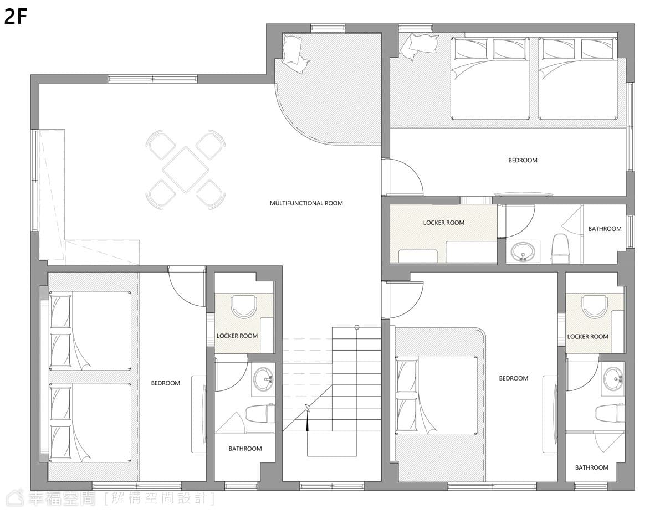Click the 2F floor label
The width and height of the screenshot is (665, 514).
point(16,17)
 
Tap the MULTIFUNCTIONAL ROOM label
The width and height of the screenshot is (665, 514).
point(306,203)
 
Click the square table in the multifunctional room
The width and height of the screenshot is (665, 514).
point(186,169)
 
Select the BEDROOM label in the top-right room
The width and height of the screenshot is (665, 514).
point(523,160)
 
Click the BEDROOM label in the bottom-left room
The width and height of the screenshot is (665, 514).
point(166,383)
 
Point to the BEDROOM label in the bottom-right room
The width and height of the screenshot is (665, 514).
point(514,378)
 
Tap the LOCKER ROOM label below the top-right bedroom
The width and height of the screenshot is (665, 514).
point(444,223)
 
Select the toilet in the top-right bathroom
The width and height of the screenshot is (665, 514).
point(560,248)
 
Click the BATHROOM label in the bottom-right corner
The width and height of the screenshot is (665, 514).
point(591,467)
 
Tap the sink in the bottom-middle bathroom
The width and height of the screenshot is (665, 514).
point(263,379)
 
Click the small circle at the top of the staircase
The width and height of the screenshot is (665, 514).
point(356,327)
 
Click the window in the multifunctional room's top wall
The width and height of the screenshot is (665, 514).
point(152,79)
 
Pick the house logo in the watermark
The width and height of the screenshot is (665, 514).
point(16,498)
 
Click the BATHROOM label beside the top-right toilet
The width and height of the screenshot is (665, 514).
point(605,229)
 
